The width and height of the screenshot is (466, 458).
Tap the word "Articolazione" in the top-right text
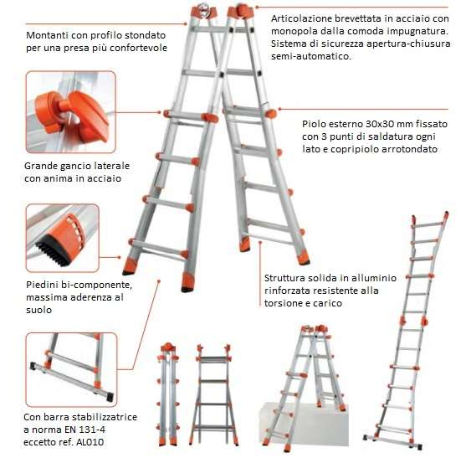(x=302, y=18)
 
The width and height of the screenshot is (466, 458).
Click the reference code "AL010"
(x=90, y=442)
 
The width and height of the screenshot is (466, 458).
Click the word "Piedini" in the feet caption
(x=42, y=285)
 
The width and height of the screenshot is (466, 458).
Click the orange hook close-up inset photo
(x=71, y=112)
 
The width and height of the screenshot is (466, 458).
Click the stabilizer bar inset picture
(x=71, y=370)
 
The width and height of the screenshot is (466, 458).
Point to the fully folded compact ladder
(x=168, y=394)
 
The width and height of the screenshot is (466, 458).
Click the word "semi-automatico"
(x=311, y=56)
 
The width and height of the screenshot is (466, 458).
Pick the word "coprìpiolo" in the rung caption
(x=354, y=149)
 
